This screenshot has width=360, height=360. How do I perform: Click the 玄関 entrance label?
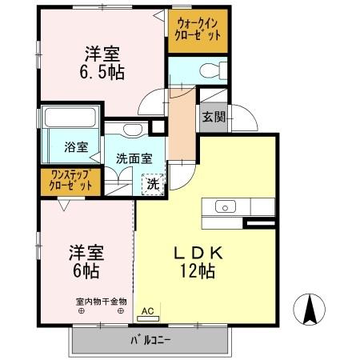click(214, 118)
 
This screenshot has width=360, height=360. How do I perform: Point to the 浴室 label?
click(76, 148)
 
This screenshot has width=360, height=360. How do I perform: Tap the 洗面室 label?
click(133, 158)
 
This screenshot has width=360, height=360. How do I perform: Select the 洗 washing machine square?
click(153, 183)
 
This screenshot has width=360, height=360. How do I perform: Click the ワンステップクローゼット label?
click(70, 179)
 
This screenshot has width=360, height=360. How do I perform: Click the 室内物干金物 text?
click(101, 301)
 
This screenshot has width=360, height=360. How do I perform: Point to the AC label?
click(148, 308)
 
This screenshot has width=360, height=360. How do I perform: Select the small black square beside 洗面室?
click(158, 126)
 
